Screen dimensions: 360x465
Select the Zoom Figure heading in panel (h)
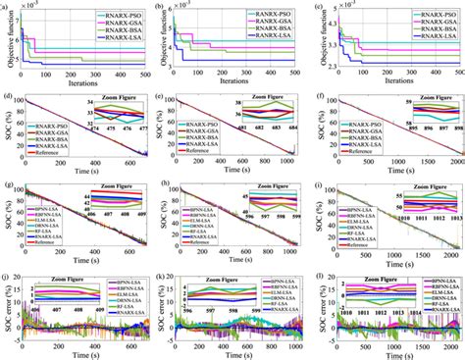click(x=261, y=191)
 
